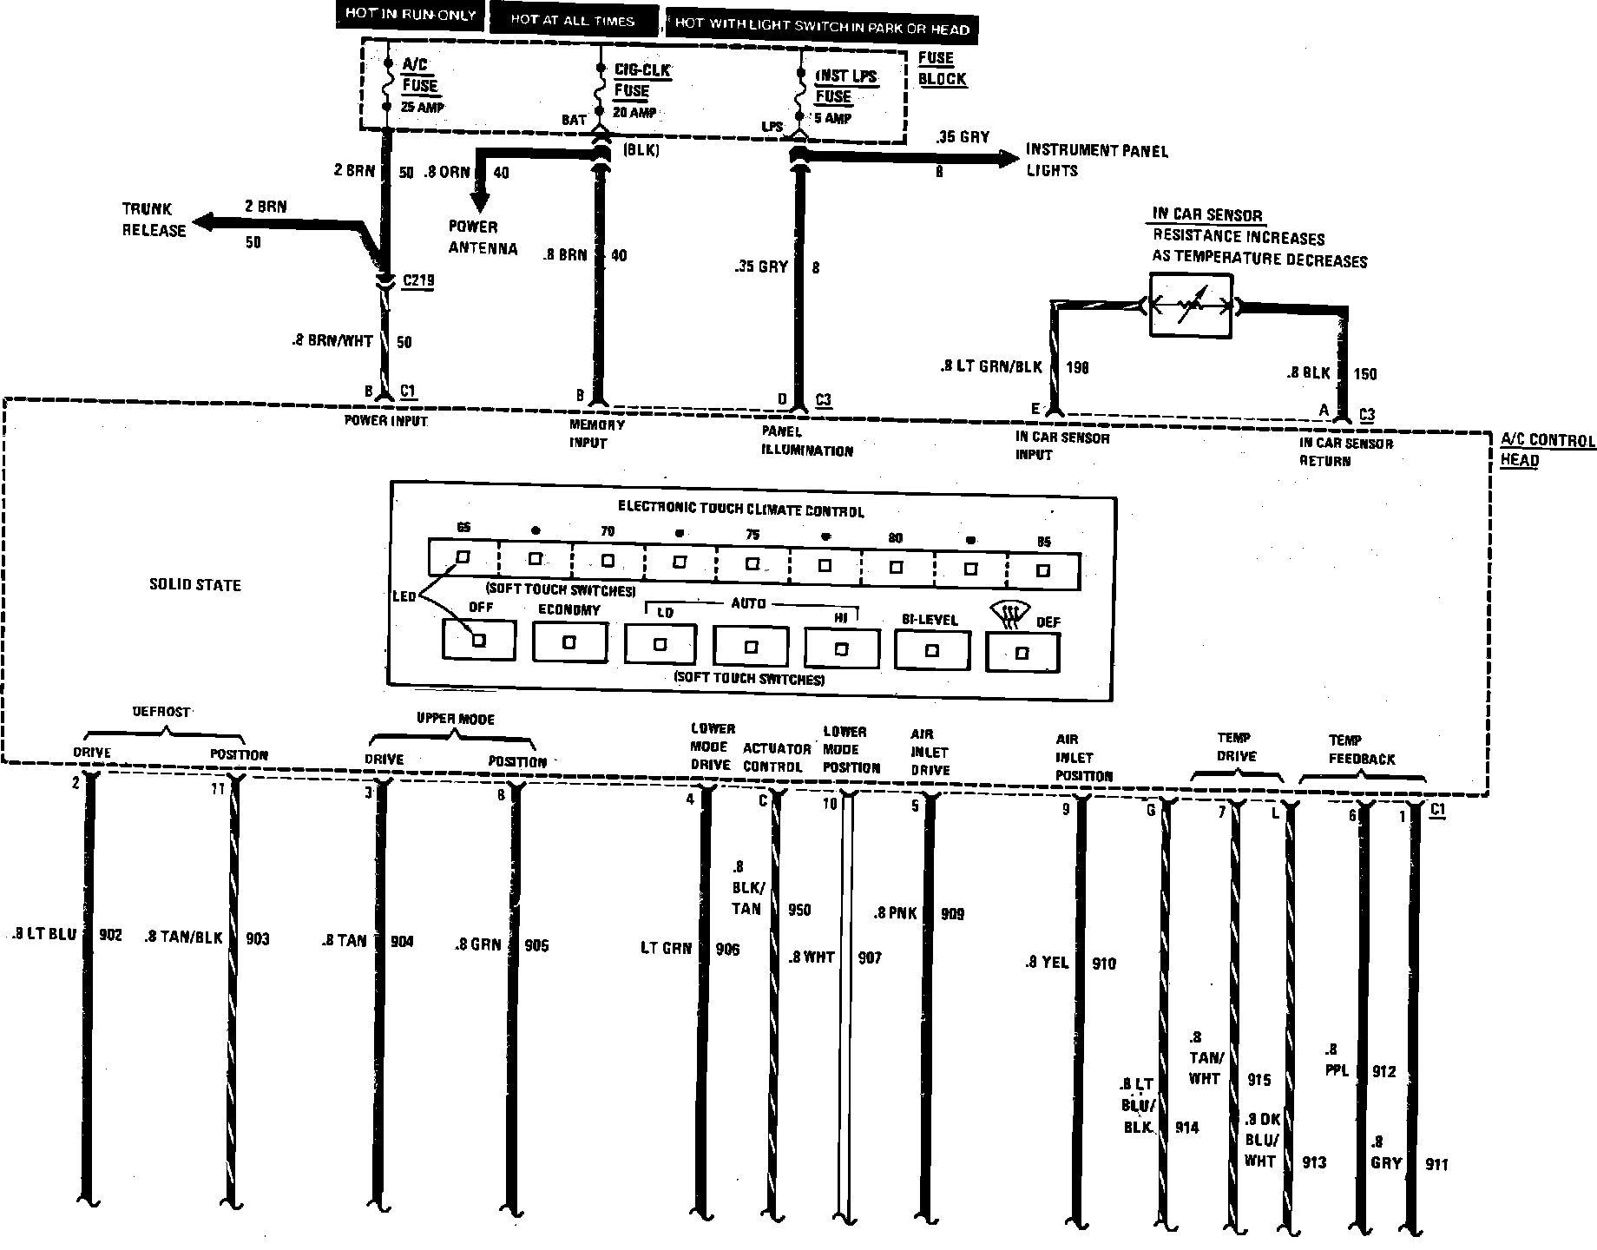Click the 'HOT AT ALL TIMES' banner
[573, 20]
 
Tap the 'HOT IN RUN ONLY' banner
[410, 15]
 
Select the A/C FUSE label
[420, 76]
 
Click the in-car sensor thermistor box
[1190, 306]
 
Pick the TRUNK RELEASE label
[154, 220]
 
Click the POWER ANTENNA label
[483, 238]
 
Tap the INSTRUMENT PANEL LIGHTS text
[1096, 161]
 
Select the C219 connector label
[418, 280]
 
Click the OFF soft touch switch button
[478, 640]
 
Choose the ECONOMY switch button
[569, 642]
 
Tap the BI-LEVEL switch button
[931, 650]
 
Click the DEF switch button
[1022, 653]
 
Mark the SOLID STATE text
[195, 585]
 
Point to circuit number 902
[110, 935]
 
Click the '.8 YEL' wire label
[1046, 963]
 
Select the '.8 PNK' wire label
[896, 913]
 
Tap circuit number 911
[1436, 1165]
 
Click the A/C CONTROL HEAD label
[1548, 450]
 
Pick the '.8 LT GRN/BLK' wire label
[991, 367]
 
